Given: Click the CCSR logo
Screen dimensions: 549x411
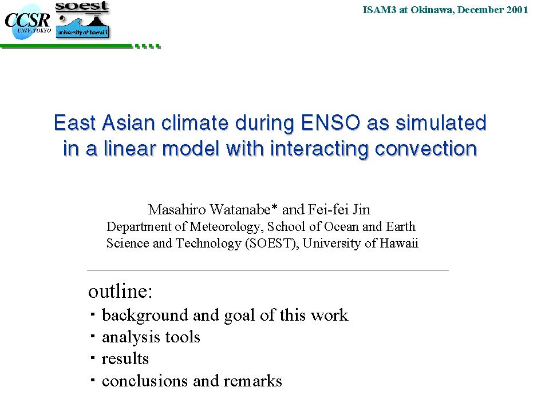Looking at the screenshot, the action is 27,22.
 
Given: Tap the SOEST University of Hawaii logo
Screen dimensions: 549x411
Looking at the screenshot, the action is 82,20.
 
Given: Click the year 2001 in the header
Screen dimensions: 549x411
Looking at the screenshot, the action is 517,10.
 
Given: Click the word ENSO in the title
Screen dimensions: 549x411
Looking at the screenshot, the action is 330,123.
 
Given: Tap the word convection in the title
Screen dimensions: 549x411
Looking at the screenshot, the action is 426,149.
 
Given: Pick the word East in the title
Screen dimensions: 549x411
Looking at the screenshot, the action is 74,123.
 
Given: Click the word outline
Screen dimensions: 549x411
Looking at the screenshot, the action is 120,291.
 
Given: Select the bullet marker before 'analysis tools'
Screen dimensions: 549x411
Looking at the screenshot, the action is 93,336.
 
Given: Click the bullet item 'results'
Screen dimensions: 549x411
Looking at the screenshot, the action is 125,359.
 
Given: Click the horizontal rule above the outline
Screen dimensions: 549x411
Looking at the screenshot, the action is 268,270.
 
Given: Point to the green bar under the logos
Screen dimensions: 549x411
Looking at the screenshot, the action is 81,46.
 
